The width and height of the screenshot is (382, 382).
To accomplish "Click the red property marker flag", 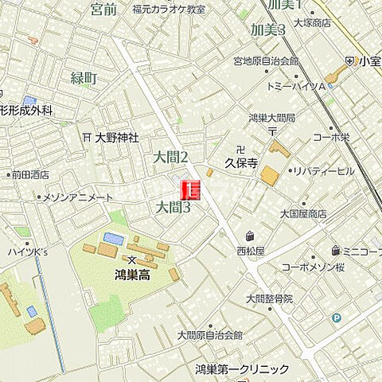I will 192,189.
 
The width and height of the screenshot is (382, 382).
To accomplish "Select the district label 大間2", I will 171,158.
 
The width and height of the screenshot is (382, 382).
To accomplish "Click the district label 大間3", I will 173,208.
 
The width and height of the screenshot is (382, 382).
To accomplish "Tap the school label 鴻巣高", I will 131,274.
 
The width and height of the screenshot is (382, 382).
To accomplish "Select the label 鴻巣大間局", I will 271,118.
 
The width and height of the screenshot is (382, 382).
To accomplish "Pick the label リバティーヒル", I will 322,171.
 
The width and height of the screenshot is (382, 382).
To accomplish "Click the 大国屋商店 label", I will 303,213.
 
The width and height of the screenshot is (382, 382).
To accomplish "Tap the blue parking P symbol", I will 335,318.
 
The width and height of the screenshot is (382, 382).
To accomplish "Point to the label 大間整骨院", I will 269,298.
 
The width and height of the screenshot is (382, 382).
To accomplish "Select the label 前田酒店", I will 29,174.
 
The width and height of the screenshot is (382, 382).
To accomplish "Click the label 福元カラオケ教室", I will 168,9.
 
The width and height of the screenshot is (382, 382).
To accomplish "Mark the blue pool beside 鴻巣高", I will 114,238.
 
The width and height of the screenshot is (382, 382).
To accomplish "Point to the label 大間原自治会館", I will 209,335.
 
